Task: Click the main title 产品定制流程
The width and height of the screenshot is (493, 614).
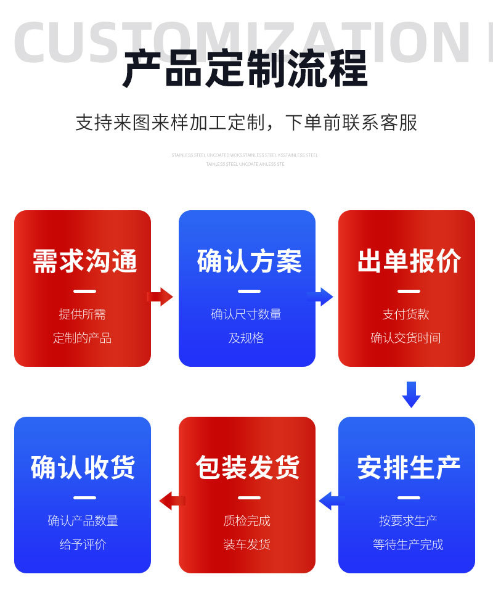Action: (245, 68)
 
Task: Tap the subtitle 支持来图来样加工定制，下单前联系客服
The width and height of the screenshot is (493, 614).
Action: (246, 122)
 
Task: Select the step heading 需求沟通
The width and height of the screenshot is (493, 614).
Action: (84, 261)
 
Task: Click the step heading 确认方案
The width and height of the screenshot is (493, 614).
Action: (249, 261)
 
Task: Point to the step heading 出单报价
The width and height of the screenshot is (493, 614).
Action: (409, 261)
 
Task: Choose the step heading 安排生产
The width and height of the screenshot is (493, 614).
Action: (409, 468)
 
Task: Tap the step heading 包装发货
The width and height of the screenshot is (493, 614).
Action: (248, 468)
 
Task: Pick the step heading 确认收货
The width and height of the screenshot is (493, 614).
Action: (83, 468)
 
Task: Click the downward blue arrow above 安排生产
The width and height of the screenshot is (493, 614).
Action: (411, 395)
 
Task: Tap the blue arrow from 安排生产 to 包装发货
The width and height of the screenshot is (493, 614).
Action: (328, 501)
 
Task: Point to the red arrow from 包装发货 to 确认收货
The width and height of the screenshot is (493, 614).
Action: (171, 501)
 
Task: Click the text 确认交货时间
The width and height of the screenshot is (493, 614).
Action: (405, 338)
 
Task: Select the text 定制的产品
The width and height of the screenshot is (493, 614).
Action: (82, 338)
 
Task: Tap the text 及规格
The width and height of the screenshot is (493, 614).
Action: (246, 338)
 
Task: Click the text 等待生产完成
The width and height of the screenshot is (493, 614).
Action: (408, 544)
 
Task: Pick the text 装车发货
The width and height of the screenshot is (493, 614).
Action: (246, 544)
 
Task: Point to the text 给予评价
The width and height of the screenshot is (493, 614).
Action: (83, 544)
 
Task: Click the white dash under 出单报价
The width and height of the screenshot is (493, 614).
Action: (409, 291)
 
